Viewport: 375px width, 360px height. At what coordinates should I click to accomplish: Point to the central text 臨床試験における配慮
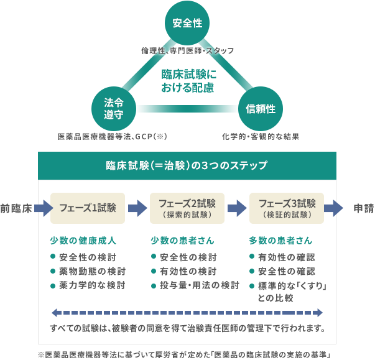(187, 81)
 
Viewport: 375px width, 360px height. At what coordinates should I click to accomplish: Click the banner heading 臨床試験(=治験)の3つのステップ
(187, 166)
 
